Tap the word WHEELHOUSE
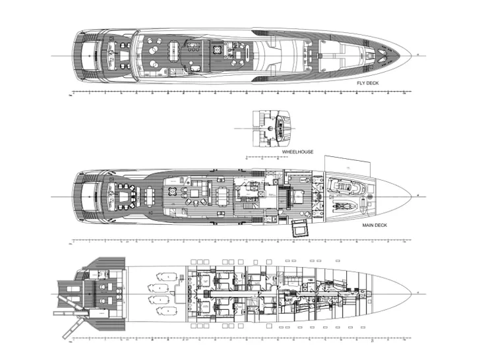297,152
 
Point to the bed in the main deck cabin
299,195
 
